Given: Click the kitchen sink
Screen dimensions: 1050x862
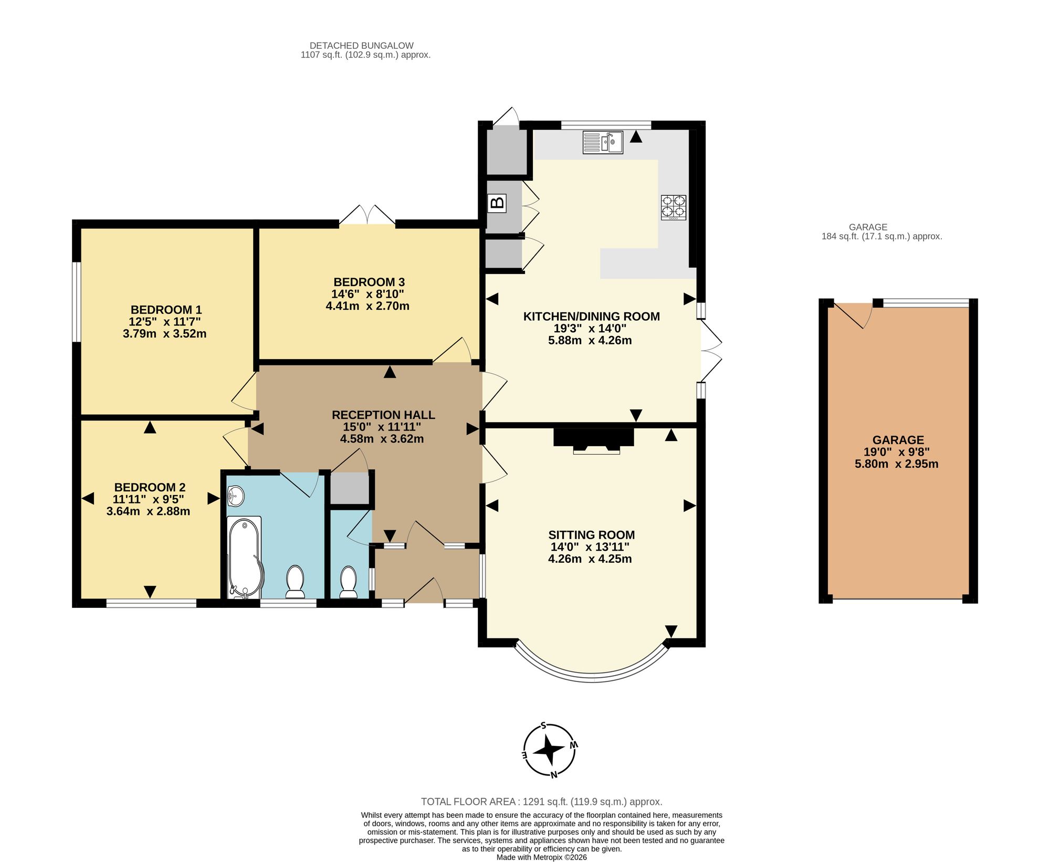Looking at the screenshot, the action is [603, 142].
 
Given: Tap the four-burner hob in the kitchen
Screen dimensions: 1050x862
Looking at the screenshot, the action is [674, 207].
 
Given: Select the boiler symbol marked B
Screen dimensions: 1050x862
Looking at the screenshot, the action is [497, 203].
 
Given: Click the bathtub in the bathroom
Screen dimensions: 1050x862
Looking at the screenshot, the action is [245, 558].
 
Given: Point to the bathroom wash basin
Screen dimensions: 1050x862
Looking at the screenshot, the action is [236, 496].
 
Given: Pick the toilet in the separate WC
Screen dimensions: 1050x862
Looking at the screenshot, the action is [348, 582].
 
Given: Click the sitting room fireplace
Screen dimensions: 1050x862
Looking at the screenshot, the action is [594, 440].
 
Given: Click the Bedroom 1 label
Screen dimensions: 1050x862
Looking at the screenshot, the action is [166, 310].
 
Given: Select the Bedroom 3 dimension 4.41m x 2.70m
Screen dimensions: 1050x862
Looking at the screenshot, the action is [367, 306].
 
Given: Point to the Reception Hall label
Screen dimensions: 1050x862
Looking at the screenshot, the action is [383, 415].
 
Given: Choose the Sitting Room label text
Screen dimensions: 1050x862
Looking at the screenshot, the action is [592, 535].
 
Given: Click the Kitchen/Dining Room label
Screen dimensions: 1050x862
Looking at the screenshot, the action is [592, 317].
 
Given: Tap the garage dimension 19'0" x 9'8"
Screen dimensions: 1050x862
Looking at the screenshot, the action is [897, 452].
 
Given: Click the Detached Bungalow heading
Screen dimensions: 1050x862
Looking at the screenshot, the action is [362, 46].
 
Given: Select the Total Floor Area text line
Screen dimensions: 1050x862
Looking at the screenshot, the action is [542, 802].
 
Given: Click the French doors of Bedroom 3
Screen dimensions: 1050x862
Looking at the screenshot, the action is [367, 216].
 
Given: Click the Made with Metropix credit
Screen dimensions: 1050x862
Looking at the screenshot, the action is [542, 857].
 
